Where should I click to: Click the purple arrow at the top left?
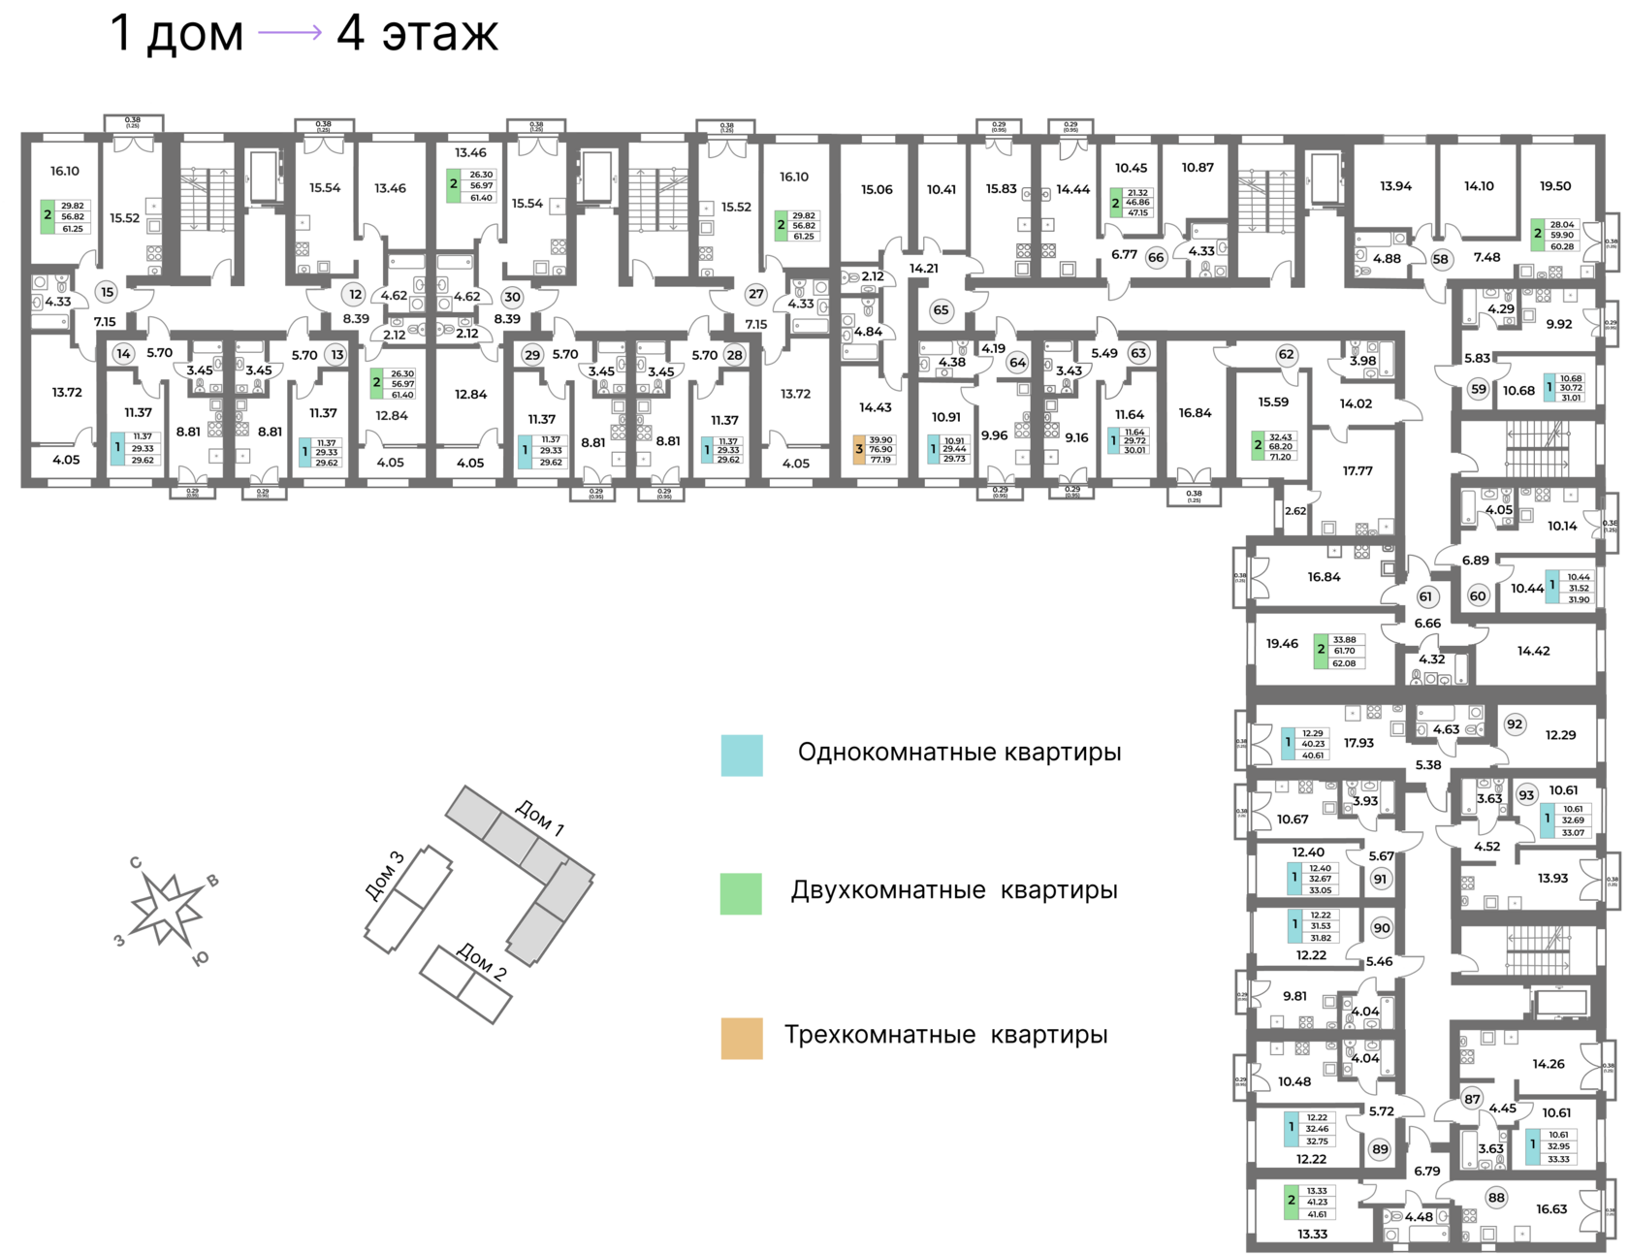click(x=289, y=33)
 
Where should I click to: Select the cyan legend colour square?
click(x=742, y=756)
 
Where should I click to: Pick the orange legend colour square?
click(x=742, y=1039)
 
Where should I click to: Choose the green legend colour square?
click(x=742, y=894)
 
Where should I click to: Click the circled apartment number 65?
click(x=941, y=310)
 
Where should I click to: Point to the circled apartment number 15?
click(x=107, y=292)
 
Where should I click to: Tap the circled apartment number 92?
click(x=1515, y=723)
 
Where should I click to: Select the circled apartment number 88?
click(x=1496, y=1197)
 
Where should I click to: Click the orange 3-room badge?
click(x=858, y=450)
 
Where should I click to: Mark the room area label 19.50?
click(x=1555, y=186)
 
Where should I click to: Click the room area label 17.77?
click(x=1357, y=471)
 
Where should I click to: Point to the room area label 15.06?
click(x=877, y=189)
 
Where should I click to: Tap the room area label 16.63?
click(x=1551, y=1208)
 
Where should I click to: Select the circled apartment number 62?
click(x=1287, y=354)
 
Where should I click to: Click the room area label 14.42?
click(x=1533, y=651)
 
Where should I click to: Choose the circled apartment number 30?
click(x=512, y=298)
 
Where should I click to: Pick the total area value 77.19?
click(x=881, y=459)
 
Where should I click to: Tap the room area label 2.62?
click(x=1295, y=511)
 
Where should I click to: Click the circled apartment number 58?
click(x=1440, y=259)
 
